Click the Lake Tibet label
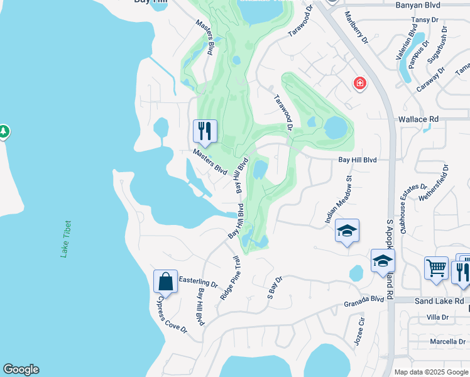click(x=65, y=239)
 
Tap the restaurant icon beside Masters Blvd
click(x=205, y=131)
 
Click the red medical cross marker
click(x=359, y=82)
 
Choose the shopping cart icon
click(x=435, y=268)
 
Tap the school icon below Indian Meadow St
click(x=347, y=231)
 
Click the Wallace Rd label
click(x=417, y=119)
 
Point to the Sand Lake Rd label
click(x=435, y=302)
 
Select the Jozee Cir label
click(x=360, y=330)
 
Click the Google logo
click(x=21, y=369)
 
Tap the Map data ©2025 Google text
click(x=430, y=372)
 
